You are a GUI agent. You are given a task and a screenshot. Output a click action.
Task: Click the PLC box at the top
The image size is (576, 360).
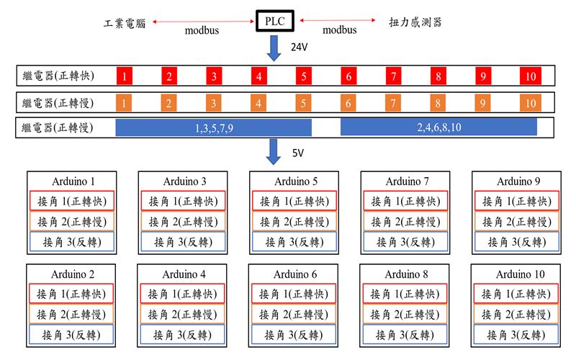(275, 21)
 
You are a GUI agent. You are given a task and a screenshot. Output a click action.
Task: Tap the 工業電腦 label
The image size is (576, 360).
(125, 24)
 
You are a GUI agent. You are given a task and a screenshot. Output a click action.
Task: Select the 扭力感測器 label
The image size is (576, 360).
(415, 22)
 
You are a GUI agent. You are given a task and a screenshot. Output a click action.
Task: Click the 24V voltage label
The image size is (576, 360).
(299, 47)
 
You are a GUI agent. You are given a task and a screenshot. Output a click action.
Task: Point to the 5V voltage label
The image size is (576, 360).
(298, 153)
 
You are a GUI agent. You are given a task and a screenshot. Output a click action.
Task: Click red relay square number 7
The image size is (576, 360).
(393, 76)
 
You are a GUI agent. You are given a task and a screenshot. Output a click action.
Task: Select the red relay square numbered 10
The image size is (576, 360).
(531, 76)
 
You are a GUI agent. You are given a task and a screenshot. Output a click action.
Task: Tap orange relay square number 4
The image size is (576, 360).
(258, 103)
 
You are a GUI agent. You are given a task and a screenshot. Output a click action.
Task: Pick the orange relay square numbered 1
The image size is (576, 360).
(124, 103)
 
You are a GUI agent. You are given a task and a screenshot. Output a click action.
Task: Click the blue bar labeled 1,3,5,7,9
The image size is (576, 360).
(213, 127)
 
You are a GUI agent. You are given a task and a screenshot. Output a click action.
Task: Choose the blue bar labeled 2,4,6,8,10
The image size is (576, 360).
(438, 127)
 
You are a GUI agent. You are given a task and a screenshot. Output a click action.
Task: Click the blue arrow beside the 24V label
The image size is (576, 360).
(274, 48)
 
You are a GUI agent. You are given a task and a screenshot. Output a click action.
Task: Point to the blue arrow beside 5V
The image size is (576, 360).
(274, 152)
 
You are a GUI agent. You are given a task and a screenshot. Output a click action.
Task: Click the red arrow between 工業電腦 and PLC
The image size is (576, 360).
(203, 22)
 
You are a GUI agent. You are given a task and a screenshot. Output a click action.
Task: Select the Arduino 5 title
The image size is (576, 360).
(296, 181)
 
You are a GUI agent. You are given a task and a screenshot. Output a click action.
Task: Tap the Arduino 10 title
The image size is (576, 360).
(520, 274)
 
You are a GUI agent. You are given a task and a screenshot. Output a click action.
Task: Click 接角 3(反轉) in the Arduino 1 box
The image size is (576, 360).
(72, 242)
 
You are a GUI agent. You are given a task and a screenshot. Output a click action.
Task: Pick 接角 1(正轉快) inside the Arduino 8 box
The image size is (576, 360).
(405, 294)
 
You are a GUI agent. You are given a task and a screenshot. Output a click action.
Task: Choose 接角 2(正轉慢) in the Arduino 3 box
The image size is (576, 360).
(184, 222)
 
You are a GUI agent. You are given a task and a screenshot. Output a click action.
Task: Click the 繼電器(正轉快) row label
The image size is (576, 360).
(58, 76)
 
